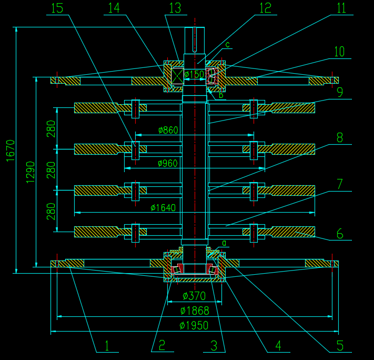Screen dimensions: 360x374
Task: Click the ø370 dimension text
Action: click(194, 296)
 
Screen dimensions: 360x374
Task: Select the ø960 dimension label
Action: click(168, 163)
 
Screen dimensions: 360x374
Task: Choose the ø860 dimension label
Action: click(168, 129)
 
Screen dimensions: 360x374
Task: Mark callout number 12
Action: click(265, 8)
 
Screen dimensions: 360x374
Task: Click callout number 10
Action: click(339, 52)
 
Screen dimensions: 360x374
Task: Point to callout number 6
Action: click(339, 233)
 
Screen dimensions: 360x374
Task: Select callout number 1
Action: click(107, 346)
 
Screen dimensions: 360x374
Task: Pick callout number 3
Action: click(214, 346)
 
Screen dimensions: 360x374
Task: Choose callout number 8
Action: click(339, 138)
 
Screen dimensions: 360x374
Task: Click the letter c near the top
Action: click(227, 45)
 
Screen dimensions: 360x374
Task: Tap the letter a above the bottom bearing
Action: click(224, 243)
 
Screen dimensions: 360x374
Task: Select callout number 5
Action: click(339, 346)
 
